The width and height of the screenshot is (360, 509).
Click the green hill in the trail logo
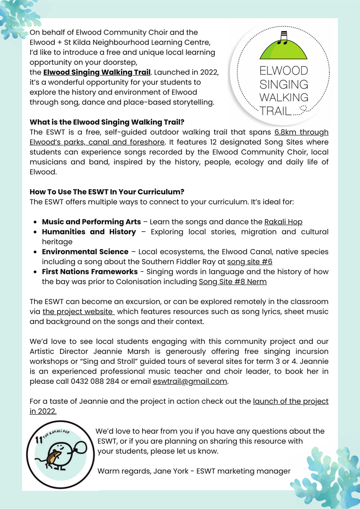283,51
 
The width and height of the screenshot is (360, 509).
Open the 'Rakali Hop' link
283,222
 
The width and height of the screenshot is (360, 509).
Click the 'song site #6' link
250,262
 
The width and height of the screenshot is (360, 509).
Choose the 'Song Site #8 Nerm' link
233,282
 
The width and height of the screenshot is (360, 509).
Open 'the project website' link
78,312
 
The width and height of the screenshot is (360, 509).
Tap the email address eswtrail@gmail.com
190,381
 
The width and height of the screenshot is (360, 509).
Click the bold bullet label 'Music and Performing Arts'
91,222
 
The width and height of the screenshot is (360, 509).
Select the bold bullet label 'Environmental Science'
85,252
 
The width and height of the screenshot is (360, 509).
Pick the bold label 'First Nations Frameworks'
90,271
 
